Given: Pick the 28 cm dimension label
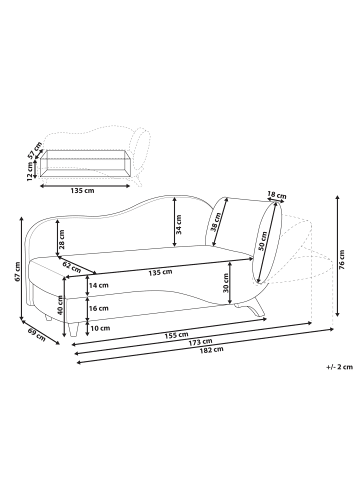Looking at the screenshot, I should coord(63,241).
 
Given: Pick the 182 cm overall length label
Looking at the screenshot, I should coord(205,351).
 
